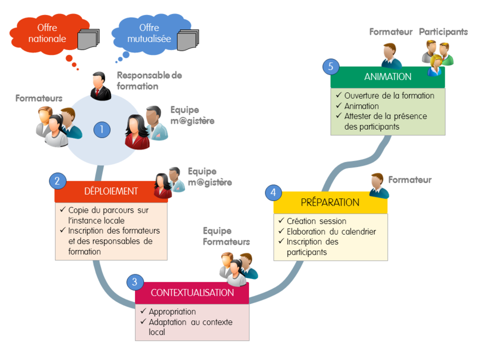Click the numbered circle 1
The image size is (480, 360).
coord(101,129)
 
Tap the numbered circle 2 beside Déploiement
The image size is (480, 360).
coord(57,181)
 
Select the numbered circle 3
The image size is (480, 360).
coord(135,282)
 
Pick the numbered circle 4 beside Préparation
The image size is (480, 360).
coord(274,192)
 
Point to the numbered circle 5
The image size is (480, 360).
coord(331,67)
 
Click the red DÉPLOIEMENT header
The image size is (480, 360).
coord(111,191)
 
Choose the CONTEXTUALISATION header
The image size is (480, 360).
coord(192,293)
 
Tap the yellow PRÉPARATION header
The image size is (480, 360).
coord(330,202)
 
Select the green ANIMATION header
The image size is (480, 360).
coord(388,77)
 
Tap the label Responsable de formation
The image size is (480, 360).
coord(149,81)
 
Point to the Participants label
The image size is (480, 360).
coord(443,32)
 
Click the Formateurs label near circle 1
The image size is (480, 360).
coord(39,98)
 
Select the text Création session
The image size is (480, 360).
coord(316,221)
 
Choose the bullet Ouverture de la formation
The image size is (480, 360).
coord(389,96)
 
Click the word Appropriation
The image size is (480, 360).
coord(172,311)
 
